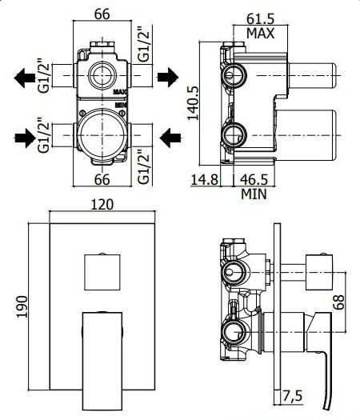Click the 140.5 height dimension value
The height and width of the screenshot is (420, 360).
pos(193,102)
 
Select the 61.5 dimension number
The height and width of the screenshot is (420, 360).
pos(260,18)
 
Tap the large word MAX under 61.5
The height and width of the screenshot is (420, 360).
pos(260,34)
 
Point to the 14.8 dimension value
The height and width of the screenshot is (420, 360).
pos(204,179)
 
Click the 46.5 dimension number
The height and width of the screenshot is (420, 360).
pos(254,179)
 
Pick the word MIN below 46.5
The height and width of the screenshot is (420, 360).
pos(254,194)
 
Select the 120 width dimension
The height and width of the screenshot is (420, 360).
pos(102,205)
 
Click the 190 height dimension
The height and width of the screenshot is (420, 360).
pos(22,306)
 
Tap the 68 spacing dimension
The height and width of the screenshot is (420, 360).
pos(339,302)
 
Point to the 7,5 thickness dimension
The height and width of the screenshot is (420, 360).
pos(293,396)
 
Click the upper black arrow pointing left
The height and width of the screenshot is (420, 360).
pos(24,78)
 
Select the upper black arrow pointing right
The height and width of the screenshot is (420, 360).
pos(168,77)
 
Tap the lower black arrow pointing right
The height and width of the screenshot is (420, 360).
pos(25,138)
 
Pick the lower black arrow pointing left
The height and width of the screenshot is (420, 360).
pos(170,138)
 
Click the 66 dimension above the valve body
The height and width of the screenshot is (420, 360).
pos(102,14)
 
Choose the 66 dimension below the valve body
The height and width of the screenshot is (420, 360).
pos(102,179)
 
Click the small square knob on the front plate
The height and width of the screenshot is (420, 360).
pos(102,272)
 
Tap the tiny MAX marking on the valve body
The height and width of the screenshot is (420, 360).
pos(121,92)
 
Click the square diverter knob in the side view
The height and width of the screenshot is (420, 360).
pos(318,272)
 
